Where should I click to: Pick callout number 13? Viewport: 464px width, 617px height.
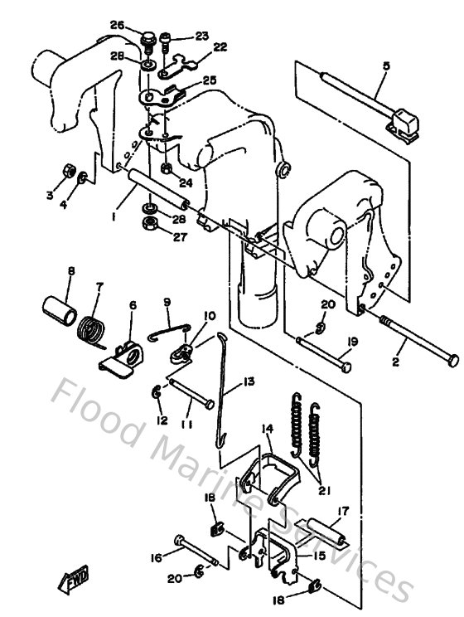225,382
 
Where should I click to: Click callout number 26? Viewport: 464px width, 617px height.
117,25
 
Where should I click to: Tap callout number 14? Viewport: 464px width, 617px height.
267,429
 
